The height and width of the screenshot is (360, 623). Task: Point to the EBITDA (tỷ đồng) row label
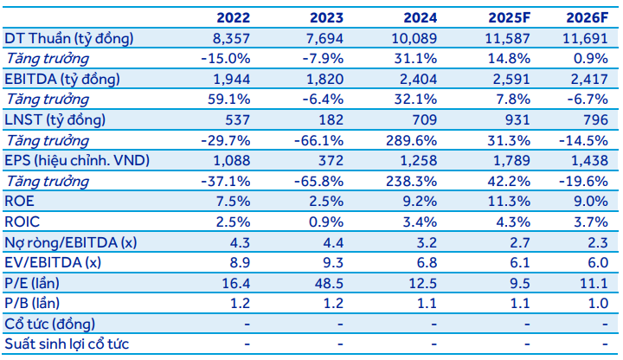(x=63, y=79)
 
